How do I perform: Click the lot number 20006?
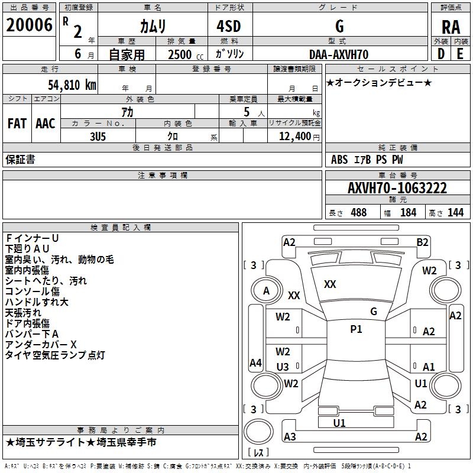click(29, 25)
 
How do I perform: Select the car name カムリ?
click(153, 26)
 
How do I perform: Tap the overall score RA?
click(451, 27)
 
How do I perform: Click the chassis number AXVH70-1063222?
click(397, 188)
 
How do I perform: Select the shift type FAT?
click(17, 124)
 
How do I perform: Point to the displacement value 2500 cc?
click(184, 54)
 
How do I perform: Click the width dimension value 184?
click(408, 212)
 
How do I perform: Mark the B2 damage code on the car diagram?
click(422, 242)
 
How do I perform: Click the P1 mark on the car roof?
click(356, 329)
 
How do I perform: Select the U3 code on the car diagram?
click(283, 367)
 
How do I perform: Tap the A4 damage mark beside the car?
click(255, 363)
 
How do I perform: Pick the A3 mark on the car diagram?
click(290, 437)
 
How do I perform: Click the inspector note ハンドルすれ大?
click(37, 302)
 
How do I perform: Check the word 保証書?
click(20, 159)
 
